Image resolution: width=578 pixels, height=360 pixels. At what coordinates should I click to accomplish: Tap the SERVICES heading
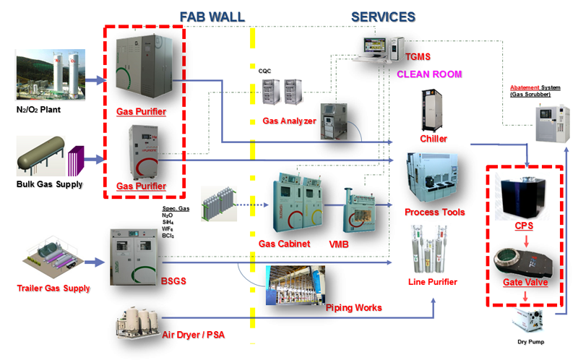pos(383,16)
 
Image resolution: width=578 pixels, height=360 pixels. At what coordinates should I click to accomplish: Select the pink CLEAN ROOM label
pos(429,74)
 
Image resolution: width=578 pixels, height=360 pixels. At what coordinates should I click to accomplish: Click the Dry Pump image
pos(527,318)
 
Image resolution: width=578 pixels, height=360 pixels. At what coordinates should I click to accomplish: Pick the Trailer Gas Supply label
pos(53,288)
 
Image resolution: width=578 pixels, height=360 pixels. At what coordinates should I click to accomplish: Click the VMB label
pos(338,244)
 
